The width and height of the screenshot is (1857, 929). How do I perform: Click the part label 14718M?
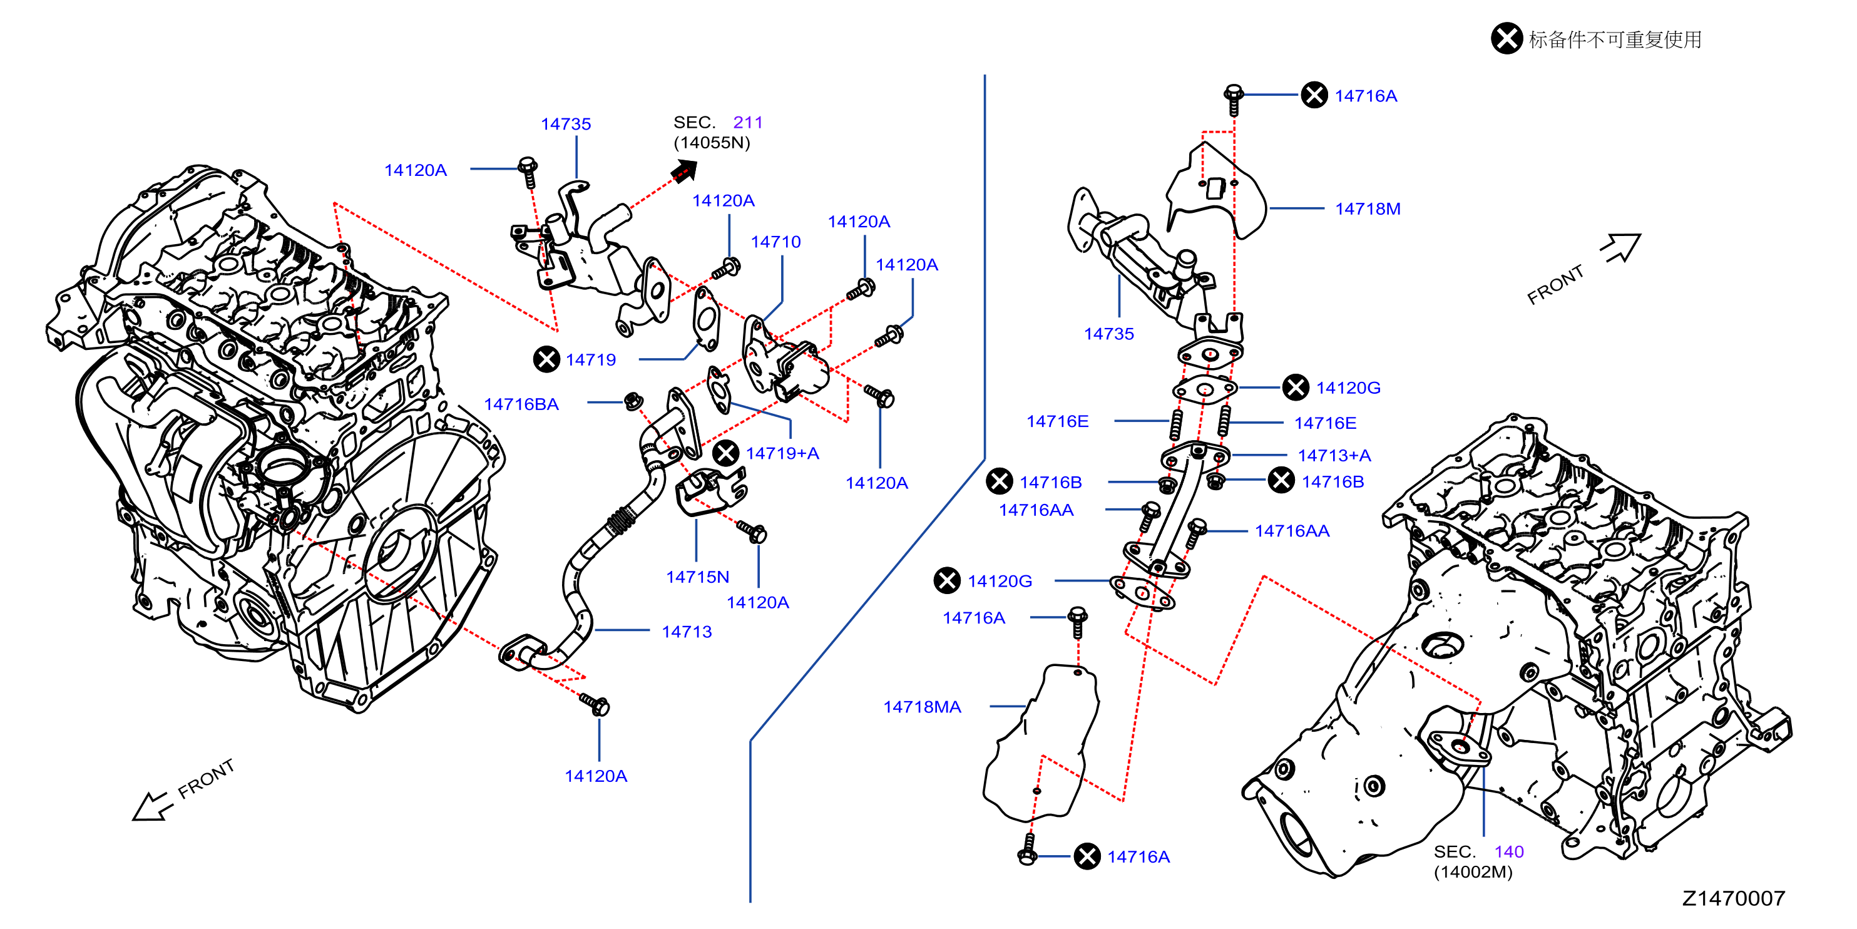pos(1368,209)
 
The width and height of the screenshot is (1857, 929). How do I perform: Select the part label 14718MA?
pos(922,707)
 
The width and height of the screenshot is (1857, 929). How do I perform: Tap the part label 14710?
pos(775,242)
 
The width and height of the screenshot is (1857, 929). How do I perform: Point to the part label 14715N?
pos(697,577)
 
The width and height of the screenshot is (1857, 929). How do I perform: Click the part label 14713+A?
pos(1334,455)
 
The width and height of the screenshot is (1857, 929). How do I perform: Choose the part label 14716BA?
pos(521,404)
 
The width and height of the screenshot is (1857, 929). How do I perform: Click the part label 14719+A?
pos(782,453)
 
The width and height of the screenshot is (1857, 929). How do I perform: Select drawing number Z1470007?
pos(1734,898)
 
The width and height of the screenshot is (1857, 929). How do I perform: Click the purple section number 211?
pos(747,123)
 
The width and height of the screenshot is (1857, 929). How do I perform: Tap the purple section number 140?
pos(1509,852)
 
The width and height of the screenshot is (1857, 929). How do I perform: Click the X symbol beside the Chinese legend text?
pos(1506,38)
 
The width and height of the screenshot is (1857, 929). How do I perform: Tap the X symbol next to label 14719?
pos(546,359)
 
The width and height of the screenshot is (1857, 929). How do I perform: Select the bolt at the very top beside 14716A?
pos(1234,100)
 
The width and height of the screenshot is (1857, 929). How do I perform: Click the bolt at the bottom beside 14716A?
pos(1028,849)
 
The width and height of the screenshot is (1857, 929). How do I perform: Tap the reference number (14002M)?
pos(1473,872)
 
